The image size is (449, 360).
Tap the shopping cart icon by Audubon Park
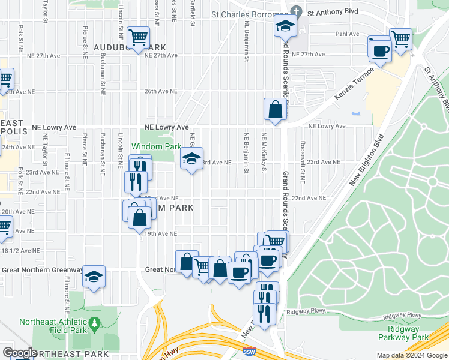(x=138, y=38)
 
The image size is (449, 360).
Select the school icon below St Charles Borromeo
(x=285, y=25)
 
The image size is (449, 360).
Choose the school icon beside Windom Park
(x=191, y=159)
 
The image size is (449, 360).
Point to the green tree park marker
(x=94, y=325)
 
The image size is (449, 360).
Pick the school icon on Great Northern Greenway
(x=94, y=277)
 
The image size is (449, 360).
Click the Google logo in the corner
(x=20, y=353)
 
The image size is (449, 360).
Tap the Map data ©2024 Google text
(x=411, y=355)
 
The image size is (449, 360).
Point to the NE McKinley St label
(x=264, y=152)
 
